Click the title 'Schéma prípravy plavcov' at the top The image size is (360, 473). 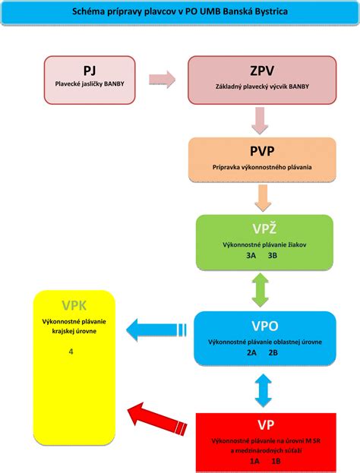click(179, 12)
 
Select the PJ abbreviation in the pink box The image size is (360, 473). click(90, 71)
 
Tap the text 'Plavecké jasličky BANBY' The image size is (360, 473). click(90, 84)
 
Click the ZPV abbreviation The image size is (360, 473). click(262, 71)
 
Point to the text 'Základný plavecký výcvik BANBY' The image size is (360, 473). click(262, 85)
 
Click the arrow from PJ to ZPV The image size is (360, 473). click(162, 79)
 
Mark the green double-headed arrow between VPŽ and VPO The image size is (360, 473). click(263, 289)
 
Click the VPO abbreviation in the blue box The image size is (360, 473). click(265, 327)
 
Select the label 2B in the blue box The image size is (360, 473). click(274, 352)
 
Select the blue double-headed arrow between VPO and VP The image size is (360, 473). click(263, 389)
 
